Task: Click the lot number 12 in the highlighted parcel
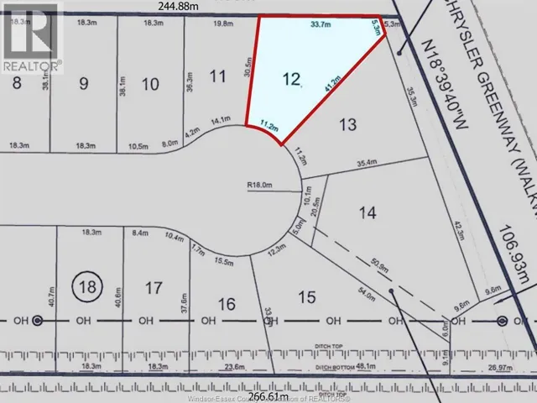[x=291, y=80]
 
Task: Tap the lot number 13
[x=347, y=124]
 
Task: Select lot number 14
[x=367, y=212]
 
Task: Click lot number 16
[x=227, y=303]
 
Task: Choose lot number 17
[x=153, y=288]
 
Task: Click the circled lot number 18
[x=86, y=286]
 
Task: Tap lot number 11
[x=218, y=77]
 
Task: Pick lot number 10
[x=150, y=83]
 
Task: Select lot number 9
[x=82, y=83]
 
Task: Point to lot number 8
[x=15, y=83]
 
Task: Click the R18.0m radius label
[x=261, y=186]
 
